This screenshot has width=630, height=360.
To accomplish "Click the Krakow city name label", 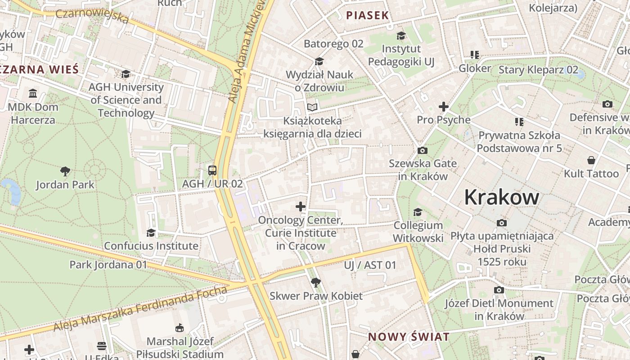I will pyautogui.click(x=501, y=197).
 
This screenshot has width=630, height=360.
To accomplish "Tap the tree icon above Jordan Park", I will pyautogui.click(x=65, y=171).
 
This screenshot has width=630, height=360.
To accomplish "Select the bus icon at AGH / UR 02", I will pyautogui.click(x=212, y=171).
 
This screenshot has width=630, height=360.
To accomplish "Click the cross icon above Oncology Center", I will pyautogui.click(x=300, y=207).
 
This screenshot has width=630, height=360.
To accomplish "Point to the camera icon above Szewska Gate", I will pyautogui.click(x=422, y=150).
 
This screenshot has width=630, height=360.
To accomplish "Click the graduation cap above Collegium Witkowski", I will pyautogui.click(x=418, y=212).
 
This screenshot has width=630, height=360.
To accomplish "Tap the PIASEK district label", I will pyautogui.click(x=367, y=15).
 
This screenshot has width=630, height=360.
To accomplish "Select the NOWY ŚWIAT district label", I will pyautogui.click(x=409, y=337).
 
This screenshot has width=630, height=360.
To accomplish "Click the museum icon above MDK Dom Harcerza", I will pyautogui.click(x=33, y=94).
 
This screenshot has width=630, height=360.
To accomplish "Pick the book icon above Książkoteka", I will pyautogui.click(x=312, y=107).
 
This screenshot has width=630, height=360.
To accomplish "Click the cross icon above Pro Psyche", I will pyautogui.click(x=444, y=107).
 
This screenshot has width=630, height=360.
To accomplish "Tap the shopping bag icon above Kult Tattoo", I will pyautogui.click(x=591, y=160).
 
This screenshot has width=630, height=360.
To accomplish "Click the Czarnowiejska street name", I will pyautogui.click(x=92, y=16).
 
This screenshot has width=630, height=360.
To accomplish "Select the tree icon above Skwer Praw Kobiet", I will pyautogui.click(x=316, y=283).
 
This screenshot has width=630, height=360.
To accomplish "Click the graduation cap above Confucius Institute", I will pyautogui.click(x=151, y=233).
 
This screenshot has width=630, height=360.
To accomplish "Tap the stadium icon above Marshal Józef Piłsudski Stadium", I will pyautogui.click(x=180, y=328).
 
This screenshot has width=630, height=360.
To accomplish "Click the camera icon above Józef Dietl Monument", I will pyautogui.click(x=499, y=290).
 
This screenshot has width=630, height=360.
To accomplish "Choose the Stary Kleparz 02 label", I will pyautogui.click(x=538, y=70).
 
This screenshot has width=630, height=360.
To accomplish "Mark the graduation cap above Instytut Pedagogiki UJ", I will pyautogui.click(x=401, y=36).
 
